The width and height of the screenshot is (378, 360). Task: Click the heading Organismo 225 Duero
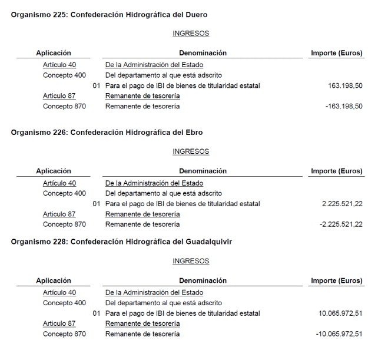[x=109, y=14]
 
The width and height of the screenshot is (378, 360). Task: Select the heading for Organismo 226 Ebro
[x=107, y=132]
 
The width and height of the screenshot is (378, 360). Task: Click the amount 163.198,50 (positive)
[x=345, y=86]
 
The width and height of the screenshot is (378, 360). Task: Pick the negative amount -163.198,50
[x=344, y=107]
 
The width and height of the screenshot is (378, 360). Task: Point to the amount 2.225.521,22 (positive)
[x=342, y=204]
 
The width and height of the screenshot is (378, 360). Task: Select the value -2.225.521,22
[x=341, y=224]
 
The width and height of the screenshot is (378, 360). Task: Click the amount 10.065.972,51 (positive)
[x=340, y=313]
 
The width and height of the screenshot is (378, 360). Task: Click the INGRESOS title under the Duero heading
[x=191, y=34]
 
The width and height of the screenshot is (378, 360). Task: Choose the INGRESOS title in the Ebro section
[x=191, y=151]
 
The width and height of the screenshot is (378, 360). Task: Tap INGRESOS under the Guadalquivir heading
[x=191, y=261]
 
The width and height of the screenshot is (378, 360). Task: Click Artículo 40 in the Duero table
[x=59, y=65]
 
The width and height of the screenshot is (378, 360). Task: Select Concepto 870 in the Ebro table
[x=64, y=224]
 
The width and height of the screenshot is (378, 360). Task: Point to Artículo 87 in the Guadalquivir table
[x=59, y=323]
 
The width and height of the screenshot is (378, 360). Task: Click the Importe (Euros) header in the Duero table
[x=337, y=53]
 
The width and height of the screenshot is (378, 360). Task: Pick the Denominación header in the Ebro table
[x=203, y=171]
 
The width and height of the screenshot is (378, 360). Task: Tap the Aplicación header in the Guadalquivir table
[x=54, y=280]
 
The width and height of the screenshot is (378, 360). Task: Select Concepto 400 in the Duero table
[x=64, y=75]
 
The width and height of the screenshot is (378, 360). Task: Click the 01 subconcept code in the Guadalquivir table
[x=97, y=313]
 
